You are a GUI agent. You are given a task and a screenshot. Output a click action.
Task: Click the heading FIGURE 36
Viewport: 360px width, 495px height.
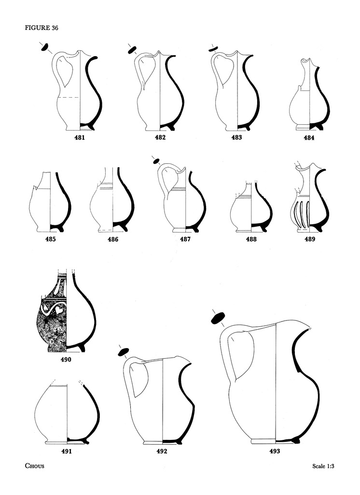[42, 28]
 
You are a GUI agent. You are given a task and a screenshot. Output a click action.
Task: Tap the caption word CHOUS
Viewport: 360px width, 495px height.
[35, 466]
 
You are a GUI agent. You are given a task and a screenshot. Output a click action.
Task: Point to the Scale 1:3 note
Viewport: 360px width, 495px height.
[323, 466]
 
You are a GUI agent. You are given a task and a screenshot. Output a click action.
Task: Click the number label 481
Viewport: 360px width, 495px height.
[80, 137]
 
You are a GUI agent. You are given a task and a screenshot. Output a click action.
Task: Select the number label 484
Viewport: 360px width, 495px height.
[309, 138]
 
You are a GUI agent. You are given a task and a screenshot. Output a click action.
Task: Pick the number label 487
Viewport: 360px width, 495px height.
[185, 239]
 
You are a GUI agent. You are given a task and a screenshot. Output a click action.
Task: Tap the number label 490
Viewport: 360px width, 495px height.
[66, 359]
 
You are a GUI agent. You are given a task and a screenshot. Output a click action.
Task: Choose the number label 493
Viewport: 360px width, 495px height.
[275, 451]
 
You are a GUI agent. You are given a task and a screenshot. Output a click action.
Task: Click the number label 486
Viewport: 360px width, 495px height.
[113, 239]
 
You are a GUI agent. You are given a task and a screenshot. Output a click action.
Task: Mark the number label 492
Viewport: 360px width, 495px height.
[162, 451]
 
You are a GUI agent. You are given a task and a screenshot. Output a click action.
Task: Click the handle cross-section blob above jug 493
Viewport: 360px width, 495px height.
[218, 318]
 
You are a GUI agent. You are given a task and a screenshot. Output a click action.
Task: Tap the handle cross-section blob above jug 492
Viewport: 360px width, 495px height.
[123, 352]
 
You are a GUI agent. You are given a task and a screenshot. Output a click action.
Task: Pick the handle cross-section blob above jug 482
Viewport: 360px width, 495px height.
[131, 50]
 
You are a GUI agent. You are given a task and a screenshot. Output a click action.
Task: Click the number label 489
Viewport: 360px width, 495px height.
[309, 239]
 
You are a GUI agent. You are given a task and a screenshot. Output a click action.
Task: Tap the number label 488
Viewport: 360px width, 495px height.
[251, 239]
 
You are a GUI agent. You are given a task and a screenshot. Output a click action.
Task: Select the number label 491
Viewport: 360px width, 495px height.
[67, 451]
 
